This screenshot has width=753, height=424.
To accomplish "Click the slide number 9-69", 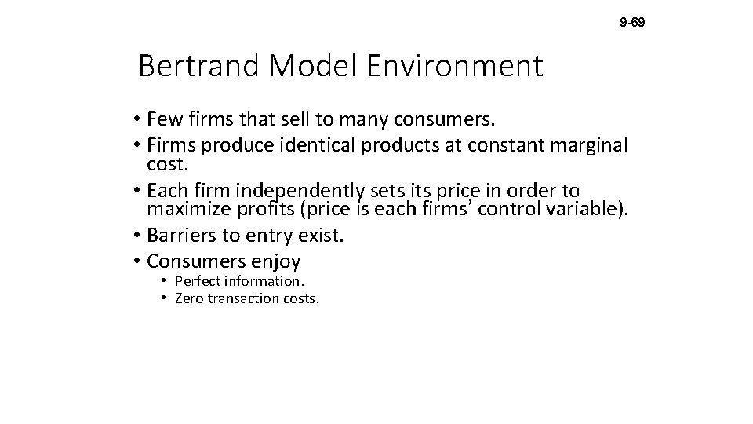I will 632,23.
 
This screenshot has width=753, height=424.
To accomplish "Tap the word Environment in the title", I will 454,67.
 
